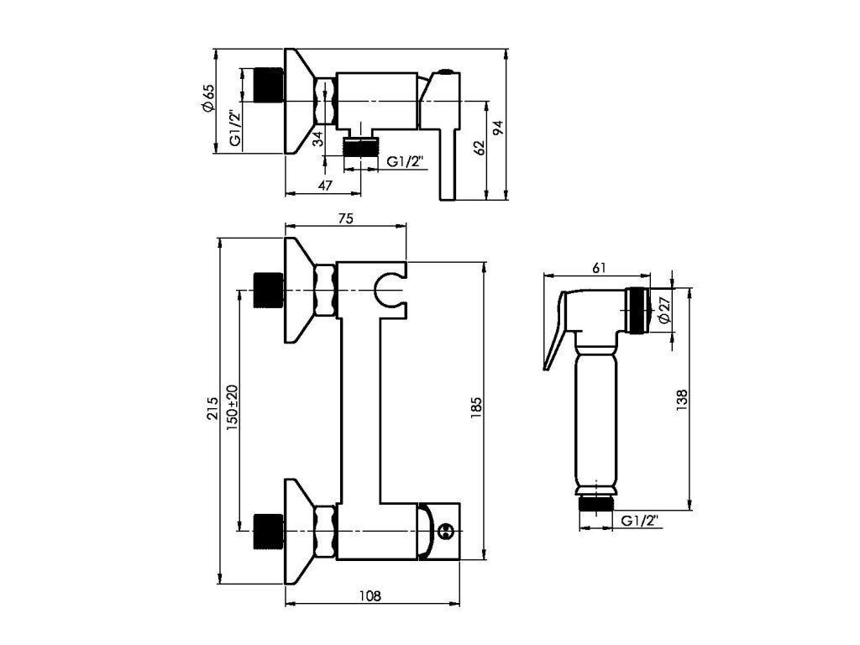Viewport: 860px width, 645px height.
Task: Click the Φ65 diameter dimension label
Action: (208, 99)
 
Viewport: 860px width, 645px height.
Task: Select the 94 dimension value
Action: (497, 128)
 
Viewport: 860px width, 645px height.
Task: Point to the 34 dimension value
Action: (317, 139)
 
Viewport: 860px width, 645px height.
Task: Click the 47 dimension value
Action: (325, 186)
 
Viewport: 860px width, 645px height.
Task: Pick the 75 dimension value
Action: (345, 218)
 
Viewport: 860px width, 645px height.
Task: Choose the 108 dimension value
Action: (370, 595)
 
